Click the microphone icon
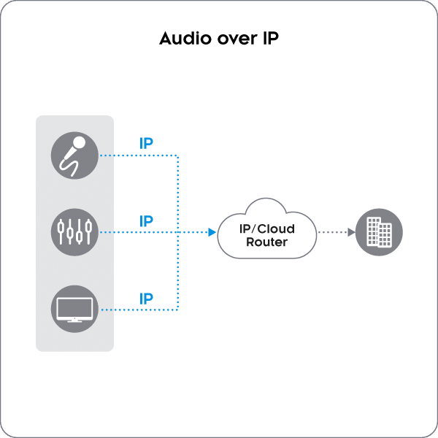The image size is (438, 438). tap(74, 155)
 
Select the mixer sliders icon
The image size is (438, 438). tap(74, 231)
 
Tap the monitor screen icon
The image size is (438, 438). tap(74, 308)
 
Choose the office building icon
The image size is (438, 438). tap(378, 232)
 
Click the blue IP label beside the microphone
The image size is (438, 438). tap(146, 143)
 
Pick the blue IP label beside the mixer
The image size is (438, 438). tap(146, 220)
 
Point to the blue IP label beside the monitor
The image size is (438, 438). tap(146, 297)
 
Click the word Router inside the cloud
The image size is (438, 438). tap(266, 242)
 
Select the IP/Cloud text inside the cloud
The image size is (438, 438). tap(266, 228)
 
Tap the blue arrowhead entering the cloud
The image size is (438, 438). tap(211, 232)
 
